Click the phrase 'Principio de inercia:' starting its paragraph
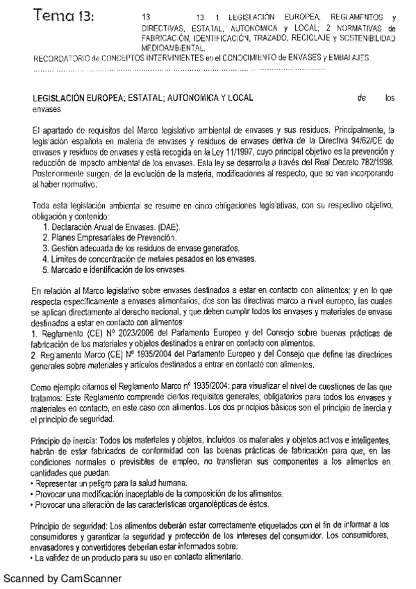point(65,441)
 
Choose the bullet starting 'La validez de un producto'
point(136,558)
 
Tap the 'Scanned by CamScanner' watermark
point(62,578)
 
